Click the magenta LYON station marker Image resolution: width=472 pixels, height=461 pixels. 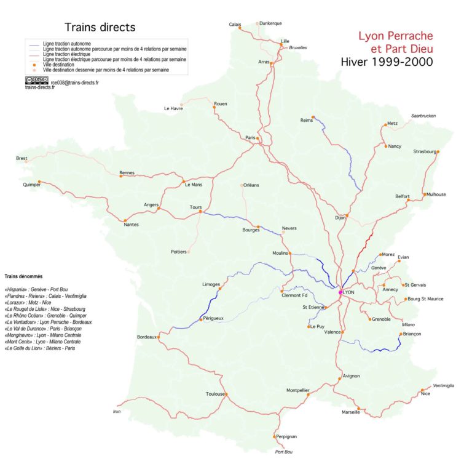pyautogui.click(x=340, y=292)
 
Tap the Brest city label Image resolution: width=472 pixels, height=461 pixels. pyautogui.click(x=22, y=158)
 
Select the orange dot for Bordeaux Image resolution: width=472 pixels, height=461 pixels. pyautogui.click(x=159, y=337)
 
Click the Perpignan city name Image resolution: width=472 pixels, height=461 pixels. pyautogui.click(x=286, y=436)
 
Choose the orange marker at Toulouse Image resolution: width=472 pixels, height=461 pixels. pyautogui.click(x=226, y=394)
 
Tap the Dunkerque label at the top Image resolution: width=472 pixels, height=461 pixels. pyautogui.click(x=270, y=23)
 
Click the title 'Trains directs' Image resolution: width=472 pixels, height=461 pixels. pyautogui.click(x=100, y=28)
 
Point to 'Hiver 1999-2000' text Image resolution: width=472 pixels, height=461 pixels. pyautogui.click(x=387, y=62)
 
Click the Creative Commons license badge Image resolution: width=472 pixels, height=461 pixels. pyautogui.click(x=37, y=81)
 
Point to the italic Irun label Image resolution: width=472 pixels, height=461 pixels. pyautogui.click(x=118, y=411)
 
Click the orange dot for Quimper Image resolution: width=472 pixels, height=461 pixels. pyautogui.click(x=39, y=182)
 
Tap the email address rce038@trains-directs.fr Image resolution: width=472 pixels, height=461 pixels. pyautogui.click(x=74, y=82)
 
